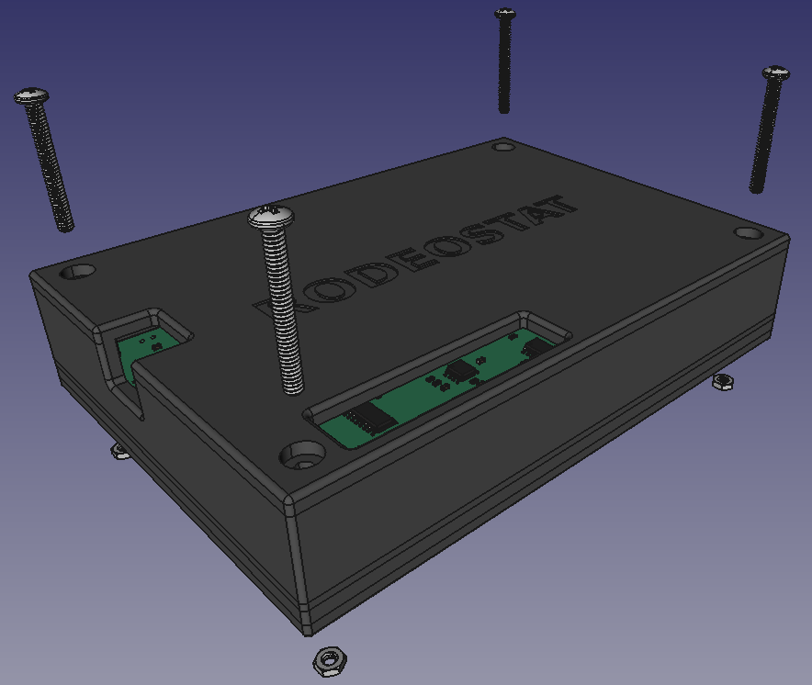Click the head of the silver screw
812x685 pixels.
pyautogui.click(x=271, y=217)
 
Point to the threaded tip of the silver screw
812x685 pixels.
pyautogui.click(x=293, y=387)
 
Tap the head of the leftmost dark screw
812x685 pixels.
pyautogui.click(x=31, y=96)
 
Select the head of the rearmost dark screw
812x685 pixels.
pyautogui.click(x=505, y=14)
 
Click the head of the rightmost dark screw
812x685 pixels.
pyautogui.click(x=776, y=73)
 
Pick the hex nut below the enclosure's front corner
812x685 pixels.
pyautogui.click(x=330, y=661)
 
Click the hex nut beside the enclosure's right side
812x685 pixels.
pyautogui.click(x=723, y=382)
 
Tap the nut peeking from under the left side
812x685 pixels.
pyautogui.click(x=119, y=452)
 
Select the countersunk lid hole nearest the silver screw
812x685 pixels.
pyautogui.click(x=303, y=455)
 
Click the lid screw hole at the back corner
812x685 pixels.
pyautogui.click(x=504, y=147)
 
